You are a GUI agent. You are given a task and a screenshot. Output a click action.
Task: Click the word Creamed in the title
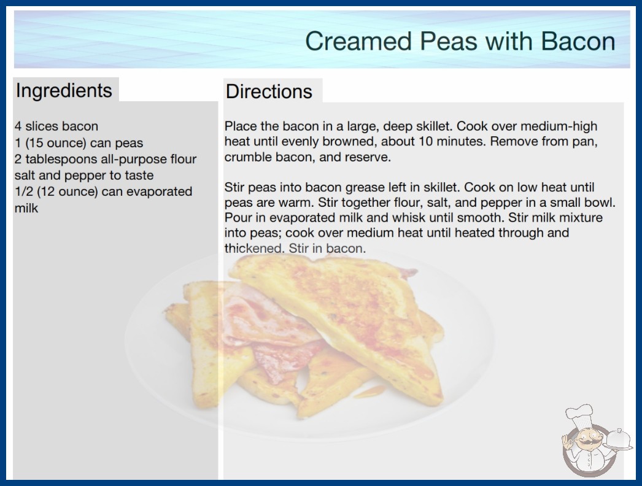pyautogui.click(x=358, y=41)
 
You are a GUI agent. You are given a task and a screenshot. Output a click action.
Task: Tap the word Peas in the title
pyautogui.click(x=448, y=41)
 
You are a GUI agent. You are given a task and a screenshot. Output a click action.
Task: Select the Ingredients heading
pyautogui.click(x=64, y=90)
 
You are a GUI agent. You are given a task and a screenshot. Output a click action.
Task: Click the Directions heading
pyautogui.click(x=269, y=91)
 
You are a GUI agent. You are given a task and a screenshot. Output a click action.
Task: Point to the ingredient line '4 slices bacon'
pyautogui.click(x=56, y=126)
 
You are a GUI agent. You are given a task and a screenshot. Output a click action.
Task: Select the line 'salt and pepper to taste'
pyautogui.click(x=84, y=175)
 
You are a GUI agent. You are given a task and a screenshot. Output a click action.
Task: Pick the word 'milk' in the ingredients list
pyautogui.click(x=26, y=208)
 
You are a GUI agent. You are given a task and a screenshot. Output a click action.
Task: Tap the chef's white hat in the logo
pyautogui.click(x=579, y=414)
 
